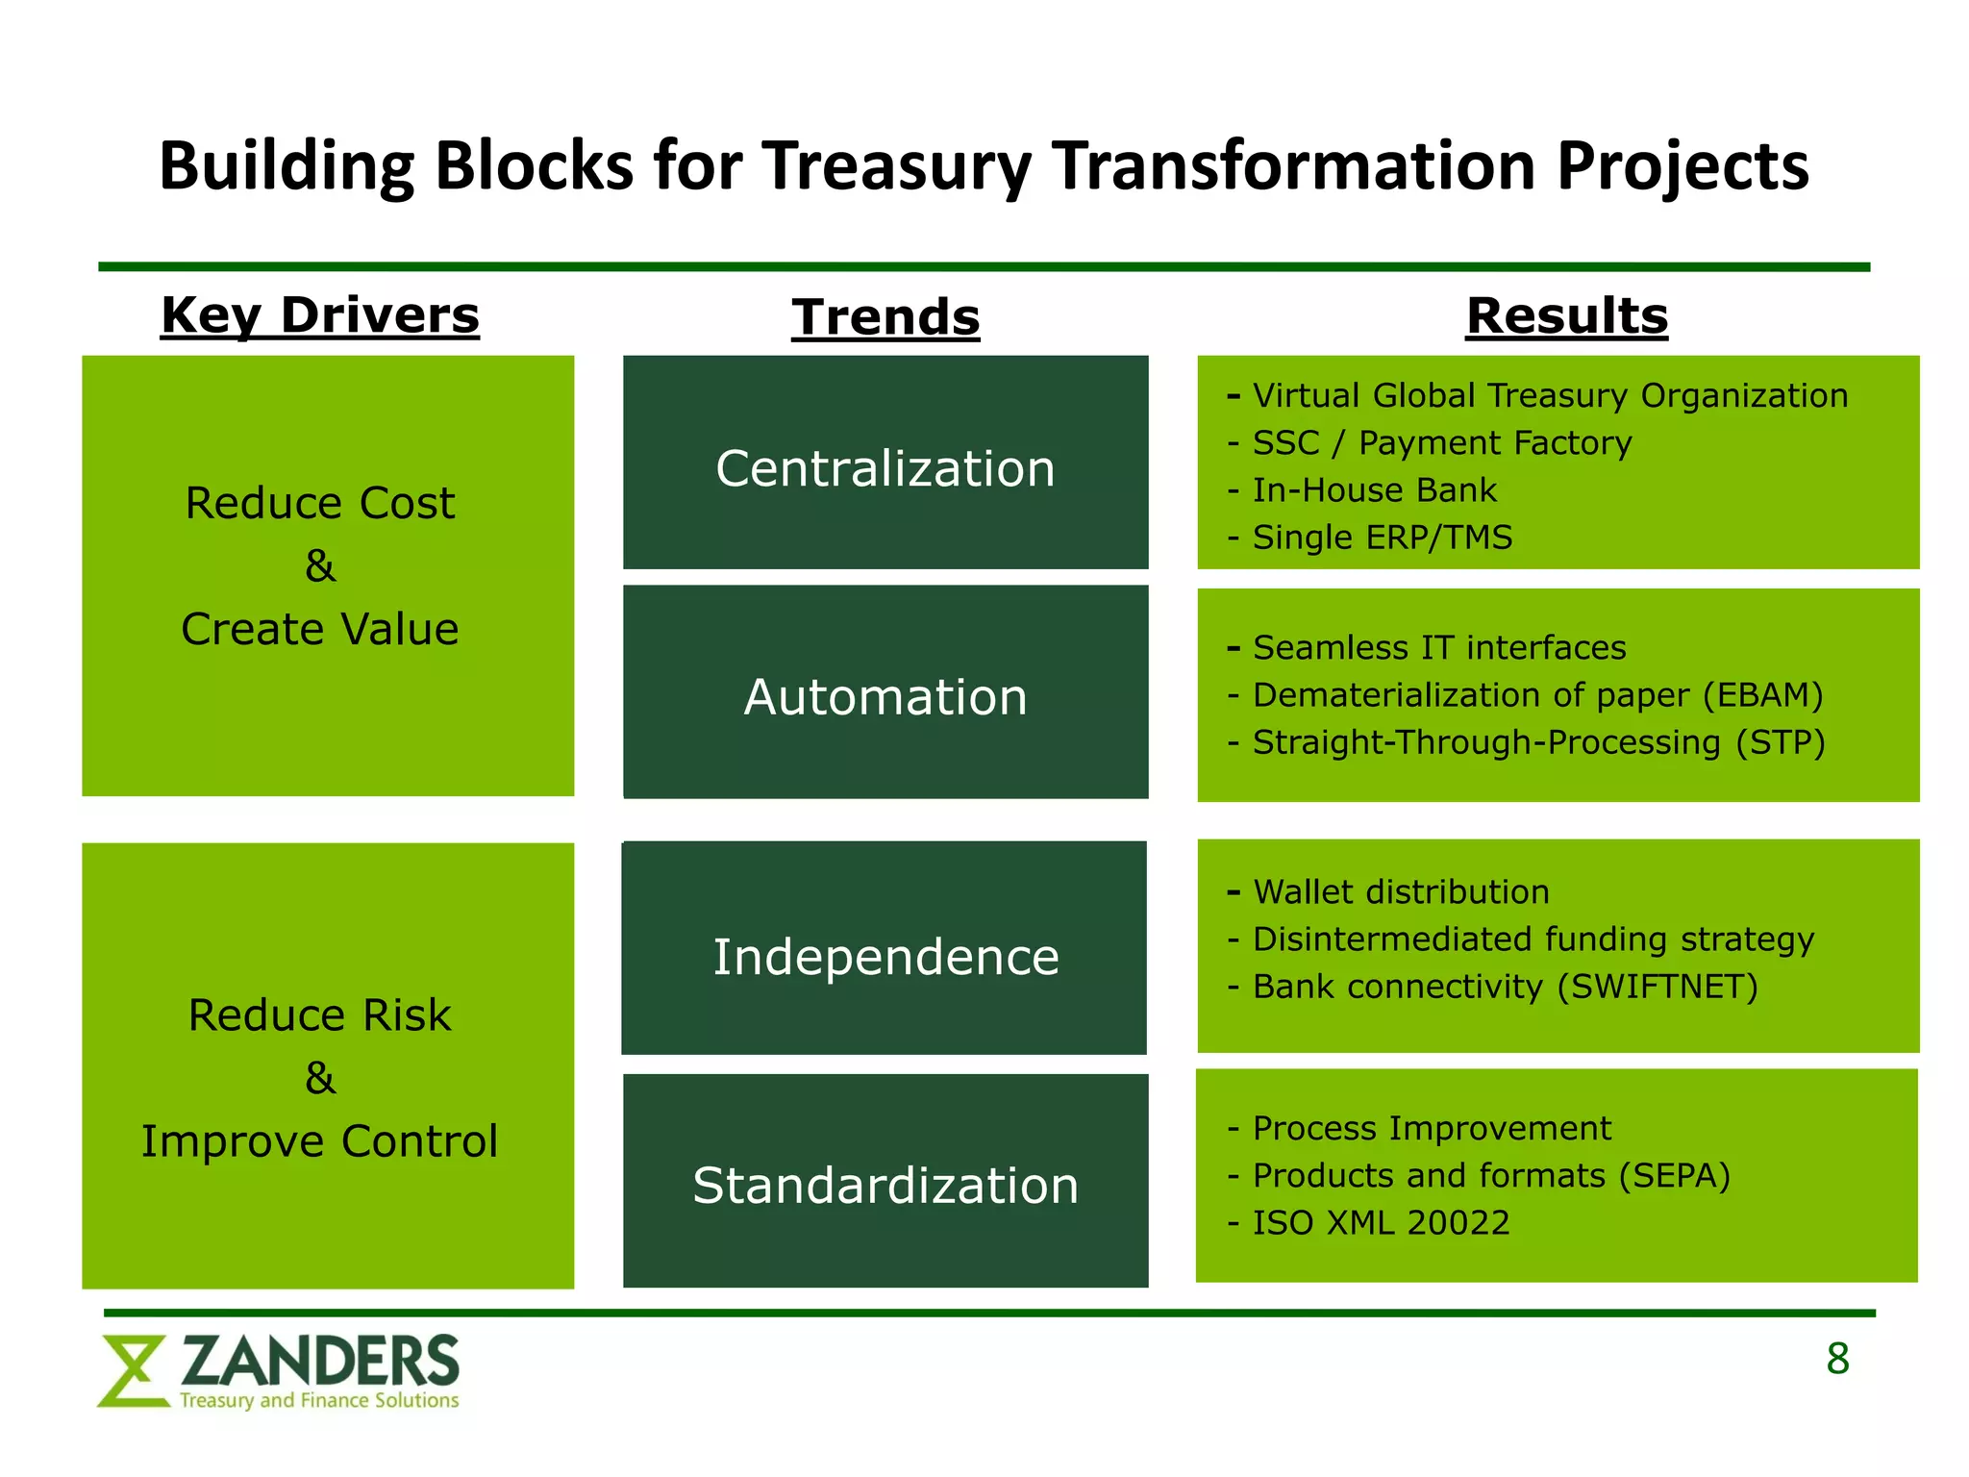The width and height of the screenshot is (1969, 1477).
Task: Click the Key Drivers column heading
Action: coord(319,315)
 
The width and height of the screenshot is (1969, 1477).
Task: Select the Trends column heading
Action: coord(885,317)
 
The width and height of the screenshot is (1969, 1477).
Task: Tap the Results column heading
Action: coord(1566,315)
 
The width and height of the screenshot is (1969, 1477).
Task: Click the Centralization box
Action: coord(885,463)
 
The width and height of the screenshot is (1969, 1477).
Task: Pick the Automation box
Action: coord(885,692)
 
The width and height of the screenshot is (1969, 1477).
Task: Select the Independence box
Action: coord(885,948)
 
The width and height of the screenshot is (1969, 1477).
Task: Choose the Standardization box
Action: coord(885,1181)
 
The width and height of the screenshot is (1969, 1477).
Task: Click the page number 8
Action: coord(1837,1359)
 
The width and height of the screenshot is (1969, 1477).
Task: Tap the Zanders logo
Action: coord(280,1370)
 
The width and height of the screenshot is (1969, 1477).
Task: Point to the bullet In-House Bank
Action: coord(1373,490)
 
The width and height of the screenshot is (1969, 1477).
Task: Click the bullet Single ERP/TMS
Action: coord(1382,538)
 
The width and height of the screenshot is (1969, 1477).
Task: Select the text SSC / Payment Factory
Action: coord(1441,443)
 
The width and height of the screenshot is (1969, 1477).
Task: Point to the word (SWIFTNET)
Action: coord(1657,987)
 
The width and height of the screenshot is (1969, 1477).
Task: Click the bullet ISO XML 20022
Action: coord(1380,1223)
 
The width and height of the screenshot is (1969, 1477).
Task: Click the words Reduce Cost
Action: coord(319,503)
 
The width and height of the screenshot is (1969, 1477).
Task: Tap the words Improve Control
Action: coord(319,1141)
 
